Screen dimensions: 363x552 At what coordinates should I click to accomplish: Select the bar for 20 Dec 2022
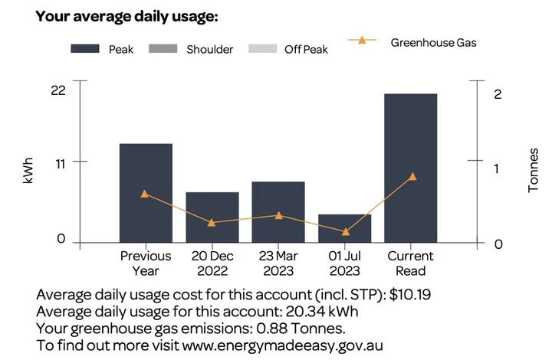pos(212,217)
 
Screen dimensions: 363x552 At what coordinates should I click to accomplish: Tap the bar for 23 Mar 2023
pos(278,212)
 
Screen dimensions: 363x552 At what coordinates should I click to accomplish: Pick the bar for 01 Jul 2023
pos(344,228)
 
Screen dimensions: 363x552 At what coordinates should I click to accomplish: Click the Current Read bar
pos(411,168)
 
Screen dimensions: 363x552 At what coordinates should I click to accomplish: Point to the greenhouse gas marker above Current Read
pos(412,176)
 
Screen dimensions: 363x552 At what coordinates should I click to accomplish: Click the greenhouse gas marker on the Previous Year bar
pos(145,194)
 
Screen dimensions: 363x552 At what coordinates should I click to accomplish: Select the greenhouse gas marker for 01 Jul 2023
pos(345,231)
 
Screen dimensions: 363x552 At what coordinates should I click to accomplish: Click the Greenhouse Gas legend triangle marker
pos(362,40)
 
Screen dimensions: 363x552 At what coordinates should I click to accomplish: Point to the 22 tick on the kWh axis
pos(58,90)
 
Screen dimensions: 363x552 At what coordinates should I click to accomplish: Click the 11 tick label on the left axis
pos(59,162)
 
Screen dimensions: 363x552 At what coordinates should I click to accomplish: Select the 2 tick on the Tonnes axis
pos(498,94)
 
